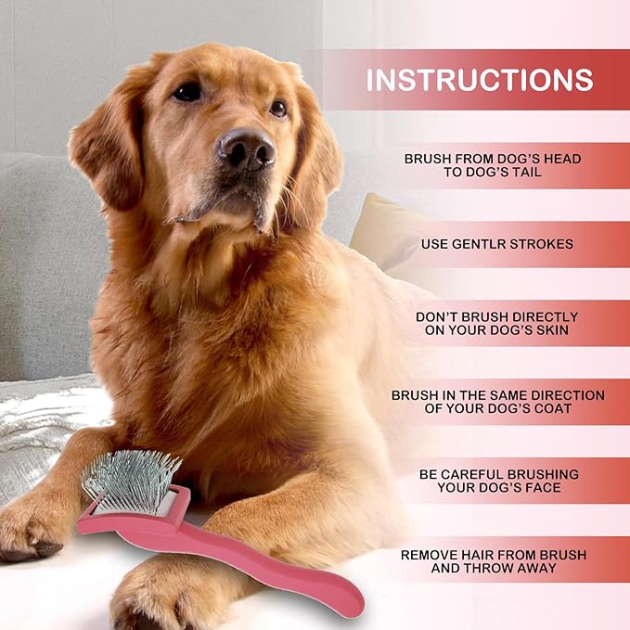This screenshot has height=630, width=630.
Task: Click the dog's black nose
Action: (x=246, y=148)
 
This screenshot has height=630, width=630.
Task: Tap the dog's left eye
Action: (x=277, y=109)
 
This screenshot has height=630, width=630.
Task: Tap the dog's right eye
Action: (x=188, y=91)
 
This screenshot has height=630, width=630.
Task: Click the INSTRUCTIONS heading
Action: (x=479, y=80)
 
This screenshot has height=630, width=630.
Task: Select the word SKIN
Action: (x=558, y=330)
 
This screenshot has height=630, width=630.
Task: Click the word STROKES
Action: (x=546, y=244)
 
